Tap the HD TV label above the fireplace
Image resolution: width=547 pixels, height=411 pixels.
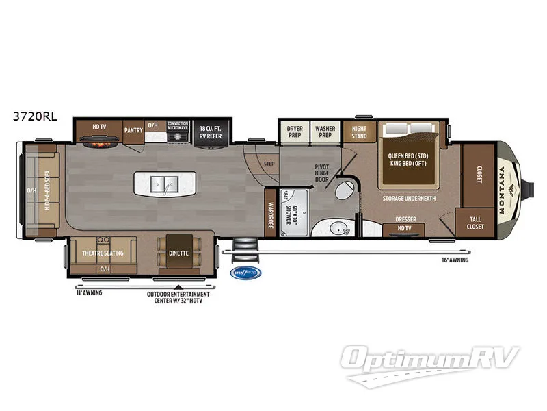99,127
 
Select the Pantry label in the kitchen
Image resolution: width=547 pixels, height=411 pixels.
132,129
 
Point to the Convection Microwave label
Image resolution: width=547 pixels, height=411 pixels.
178,127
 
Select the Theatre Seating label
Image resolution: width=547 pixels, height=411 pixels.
103,253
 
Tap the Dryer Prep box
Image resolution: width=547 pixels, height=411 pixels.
294,131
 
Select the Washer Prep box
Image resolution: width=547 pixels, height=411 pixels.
323,131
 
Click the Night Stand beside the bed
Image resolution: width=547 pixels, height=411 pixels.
359,132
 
